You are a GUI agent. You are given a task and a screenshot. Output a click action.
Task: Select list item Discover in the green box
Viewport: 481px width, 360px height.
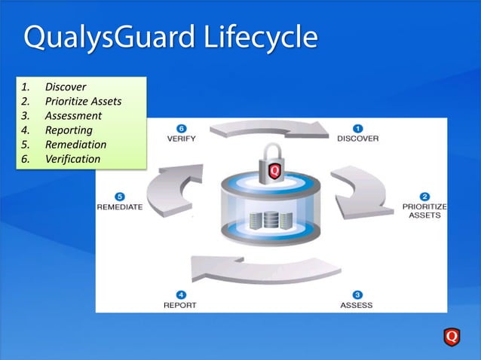coord(65,87)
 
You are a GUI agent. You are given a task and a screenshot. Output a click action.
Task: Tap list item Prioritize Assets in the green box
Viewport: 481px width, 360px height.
coord(83,101)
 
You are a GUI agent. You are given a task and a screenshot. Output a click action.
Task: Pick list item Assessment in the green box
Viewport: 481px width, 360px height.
coord(73,115)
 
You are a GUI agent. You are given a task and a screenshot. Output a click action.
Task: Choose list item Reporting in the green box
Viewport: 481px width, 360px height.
coord(69,130)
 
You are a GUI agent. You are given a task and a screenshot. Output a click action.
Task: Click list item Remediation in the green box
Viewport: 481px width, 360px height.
coord(75,144)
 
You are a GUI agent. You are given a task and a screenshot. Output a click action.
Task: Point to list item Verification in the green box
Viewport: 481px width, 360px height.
coord(72,159)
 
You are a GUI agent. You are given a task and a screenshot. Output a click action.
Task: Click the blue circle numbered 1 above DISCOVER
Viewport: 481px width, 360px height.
coord(360,128)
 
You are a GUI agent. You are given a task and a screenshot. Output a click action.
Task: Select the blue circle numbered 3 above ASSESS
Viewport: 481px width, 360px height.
coord(357,294)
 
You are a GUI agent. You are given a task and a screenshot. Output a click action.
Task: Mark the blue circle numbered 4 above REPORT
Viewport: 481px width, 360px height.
coord(180,294)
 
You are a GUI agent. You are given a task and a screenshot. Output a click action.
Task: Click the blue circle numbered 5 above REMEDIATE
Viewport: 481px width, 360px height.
coord(120,196)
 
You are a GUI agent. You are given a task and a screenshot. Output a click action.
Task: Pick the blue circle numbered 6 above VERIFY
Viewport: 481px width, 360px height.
coord(181,128)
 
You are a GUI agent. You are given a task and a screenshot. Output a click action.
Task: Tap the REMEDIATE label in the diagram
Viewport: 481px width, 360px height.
coord(120,207)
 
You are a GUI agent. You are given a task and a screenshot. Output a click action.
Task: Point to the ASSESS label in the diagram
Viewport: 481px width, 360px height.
coord(357,305)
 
